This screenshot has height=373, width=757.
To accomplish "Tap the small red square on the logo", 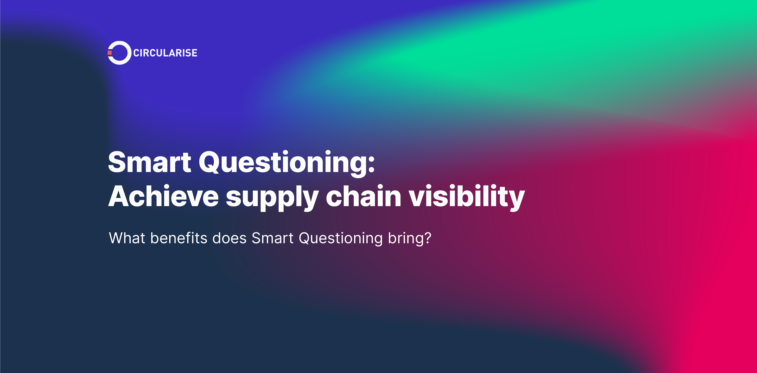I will (x=110, y=53).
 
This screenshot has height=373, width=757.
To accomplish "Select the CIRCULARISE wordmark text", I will (x=165, y=53).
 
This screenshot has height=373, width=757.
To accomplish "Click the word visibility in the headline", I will (x=467, y=196).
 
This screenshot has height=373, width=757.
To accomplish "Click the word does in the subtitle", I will (x=229, y=238).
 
